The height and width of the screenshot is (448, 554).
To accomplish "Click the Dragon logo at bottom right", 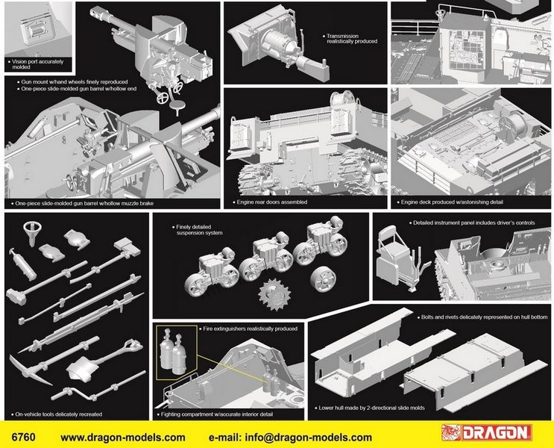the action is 486,433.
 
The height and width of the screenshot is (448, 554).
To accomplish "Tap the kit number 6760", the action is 23,437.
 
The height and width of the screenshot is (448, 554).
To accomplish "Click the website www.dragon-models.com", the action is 123,438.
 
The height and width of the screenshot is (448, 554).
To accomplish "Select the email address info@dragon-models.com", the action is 308,438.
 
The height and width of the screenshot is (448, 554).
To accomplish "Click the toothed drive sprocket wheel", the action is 274,294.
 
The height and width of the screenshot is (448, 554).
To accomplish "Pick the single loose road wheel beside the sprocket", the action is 323,279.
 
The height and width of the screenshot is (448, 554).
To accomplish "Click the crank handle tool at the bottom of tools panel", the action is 98,387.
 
